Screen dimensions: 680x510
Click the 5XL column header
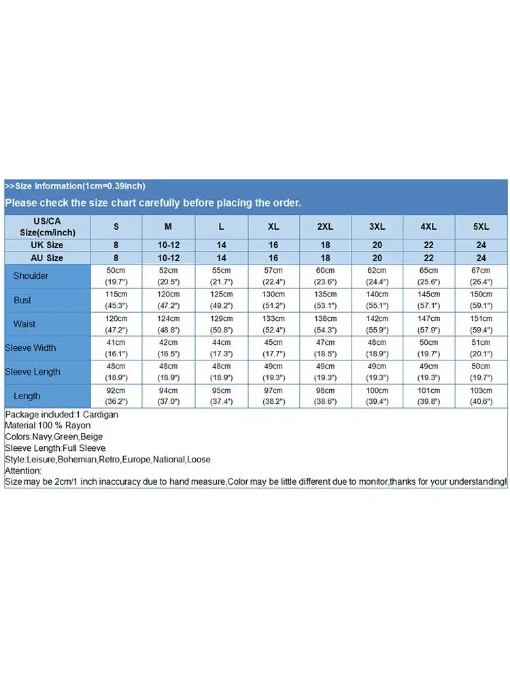point(481,226)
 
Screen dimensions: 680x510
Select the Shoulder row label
point(31,276)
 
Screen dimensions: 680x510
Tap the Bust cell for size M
point(168,300)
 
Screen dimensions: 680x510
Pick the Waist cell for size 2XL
point(325,324)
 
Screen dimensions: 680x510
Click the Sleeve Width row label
point(31,348)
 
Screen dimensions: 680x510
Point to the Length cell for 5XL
point(481,396)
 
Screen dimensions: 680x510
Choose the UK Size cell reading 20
point(377,245)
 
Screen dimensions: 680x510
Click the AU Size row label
point(47,258)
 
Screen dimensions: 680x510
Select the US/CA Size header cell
point(47,226)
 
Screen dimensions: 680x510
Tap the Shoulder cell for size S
point(116,276)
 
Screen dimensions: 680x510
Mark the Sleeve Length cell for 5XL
point(481,372)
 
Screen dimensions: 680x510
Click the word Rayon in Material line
point(78,426)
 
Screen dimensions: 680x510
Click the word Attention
point(22,471)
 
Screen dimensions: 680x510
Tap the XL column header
point(273,226)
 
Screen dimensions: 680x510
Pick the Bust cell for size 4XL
point(428,300)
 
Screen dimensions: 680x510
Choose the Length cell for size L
point(221,396)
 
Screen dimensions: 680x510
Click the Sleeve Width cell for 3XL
point(377,348)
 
